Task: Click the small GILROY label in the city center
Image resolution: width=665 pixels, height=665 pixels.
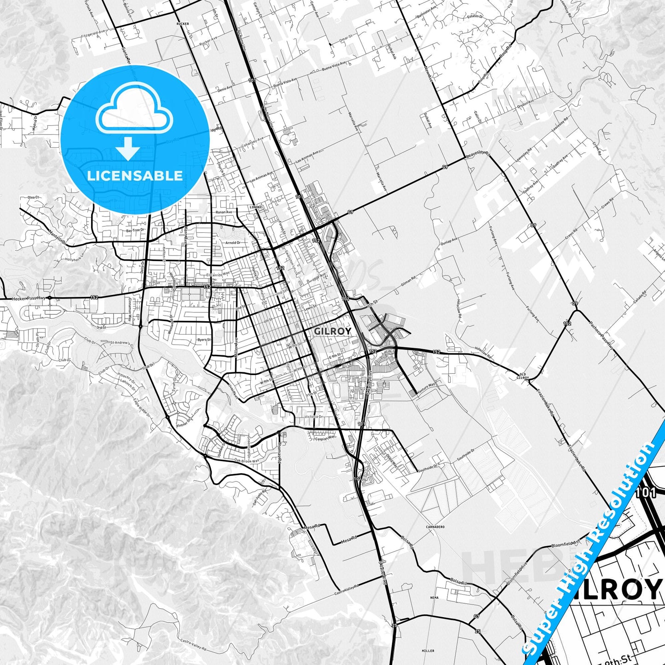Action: pos(332,331)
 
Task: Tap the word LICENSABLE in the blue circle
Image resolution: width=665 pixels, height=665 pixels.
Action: pos(135,176)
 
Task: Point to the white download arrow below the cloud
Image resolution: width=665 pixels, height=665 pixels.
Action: pos(128,148)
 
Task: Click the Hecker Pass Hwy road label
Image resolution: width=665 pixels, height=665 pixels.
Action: pos(29,299)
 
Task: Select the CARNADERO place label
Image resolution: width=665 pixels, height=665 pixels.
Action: pos(435,526)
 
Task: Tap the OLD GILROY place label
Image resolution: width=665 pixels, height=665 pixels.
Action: pos(523,376)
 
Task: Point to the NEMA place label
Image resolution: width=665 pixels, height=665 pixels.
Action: pos(434,598)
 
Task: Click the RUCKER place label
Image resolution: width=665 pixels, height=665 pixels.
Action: pos(182,23)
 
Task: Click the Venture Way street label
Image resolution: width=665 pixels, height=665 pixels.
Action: pos(426,388)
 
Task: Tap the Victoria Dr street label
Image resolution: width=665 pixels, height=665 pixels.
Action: pos(314,417)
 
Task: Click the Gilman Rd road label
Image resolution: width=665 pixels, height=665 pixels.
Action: pos(408,281)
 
